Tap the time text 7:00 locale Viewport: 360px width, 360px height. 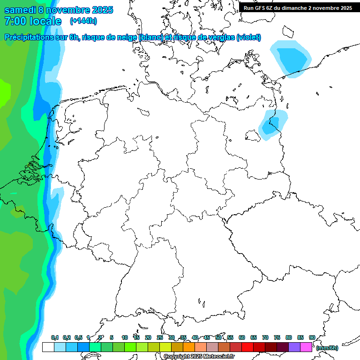click(x=33, y=21)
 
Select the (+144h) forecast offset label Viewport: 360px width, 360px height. click(x=83, y=21)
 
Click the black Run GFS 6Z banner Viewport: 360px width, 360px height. click(x=298, y=7)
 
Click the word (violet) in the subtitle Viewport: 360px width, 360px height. click(x=249, y=37)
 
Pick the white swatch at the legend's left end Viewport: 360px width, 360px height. click(x=48, y=347)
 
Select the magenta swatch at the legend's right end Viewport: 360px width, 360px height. click(x=306, y=347)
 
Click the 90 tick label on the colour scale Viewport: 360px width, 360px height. click(x=312, y=337)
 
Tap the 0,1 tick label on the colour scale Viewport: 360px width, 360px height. click(x=54, y=337)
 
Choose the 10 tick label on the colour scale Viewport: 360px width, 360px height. click(x=125, y=337)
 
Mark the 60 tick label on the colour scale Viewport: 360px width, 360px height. click(x=242, y=337)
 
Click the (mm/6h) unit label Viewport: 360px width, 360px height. click(x=327, y=348)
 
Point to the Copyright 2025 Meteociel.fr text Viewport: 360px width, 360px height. click(x=199, y=357)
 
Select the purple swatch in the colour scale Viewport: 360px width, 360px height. click(x=294, y=347)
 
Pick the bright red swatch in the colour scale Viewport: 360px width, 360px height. click(x=247, y=347)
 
